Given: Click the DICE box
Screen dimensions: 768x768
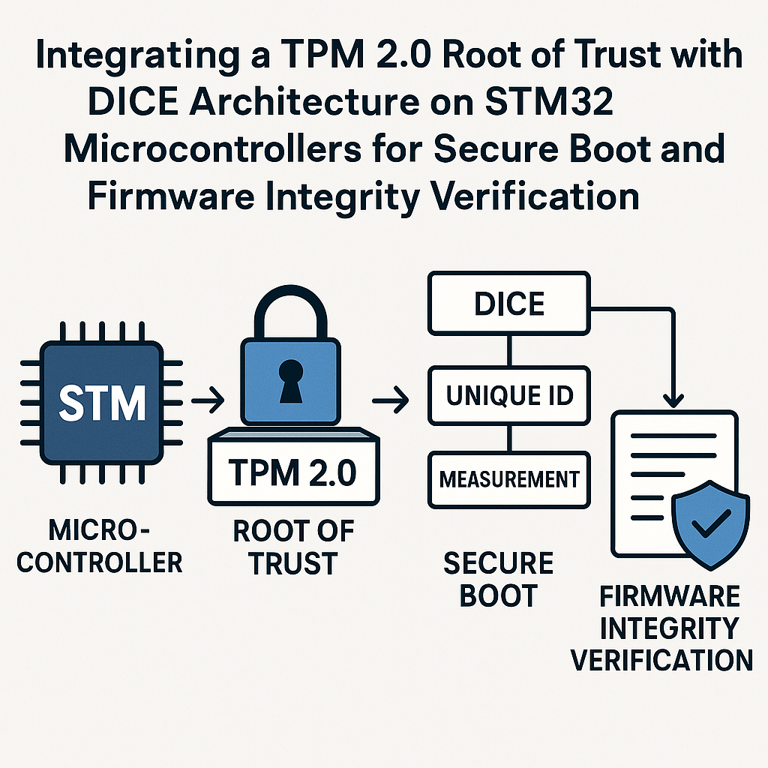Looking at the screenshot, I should (x=508, y=304).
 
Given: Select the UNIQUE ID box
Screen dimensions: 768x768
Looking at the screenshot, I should (x=508, y=395).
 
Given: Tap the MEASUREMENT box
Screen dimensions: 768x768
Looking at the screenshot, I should (x=508, y=478).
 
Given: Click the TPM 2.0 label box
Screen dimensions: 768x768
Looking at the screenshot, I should (x=292, y=473).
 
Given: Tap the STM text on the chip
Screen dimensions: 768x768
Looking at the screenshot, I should (x=102, y=403).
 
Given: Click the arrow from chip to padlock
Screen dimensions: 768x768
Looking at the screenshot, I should (x=207, y=403).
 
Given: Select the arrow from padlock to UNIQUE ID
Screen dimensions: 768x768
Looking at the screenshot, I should (x=391, y=403).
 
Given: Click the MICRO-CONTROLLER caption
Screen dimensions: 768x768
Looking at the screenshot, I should (x=99, y=546).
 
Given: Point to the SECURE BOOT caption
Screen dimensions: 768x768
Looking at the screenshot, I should (x=497, y=578).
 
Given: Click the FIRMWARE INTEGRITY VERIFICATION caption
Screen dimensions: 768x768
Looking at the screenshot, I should (x=662, y=628).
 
